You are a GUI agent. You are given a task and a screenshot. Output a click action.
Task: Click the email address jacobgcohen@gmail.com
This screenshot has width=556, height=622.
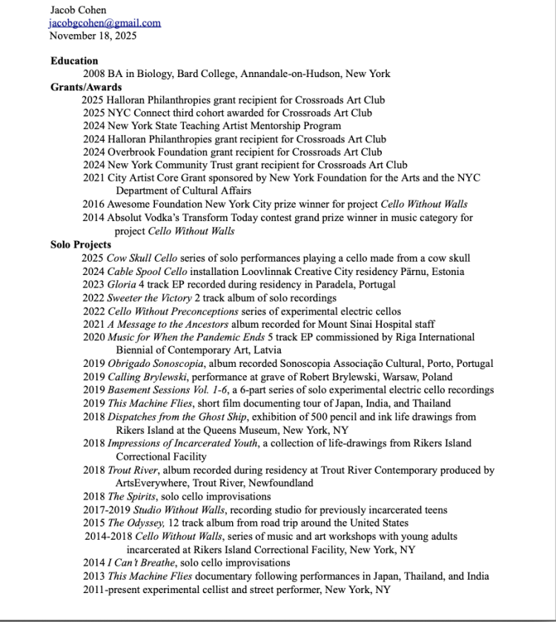(105, 23)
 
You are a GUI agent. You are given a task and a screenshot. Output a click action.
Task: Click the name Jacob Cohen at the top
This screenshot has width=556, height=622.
(78, 10)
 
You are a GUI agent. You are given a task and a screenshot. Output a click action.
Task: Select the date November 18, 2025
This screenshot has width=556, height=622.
(93, 35)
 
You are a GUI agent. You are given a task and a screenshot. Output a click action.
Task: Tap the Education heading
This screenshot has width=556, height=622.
(74, 61)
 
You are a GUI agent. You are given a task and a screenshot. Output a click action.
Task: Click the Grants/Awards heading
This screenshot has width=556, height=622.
(86, 87)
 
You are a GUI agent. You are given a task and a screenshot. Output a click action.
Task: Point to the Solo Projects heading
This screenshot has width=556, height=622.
(81, 244)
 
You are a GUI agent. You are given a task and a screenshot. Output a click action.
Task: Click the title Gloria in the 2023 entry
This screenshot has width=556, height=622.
(122, 284)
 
